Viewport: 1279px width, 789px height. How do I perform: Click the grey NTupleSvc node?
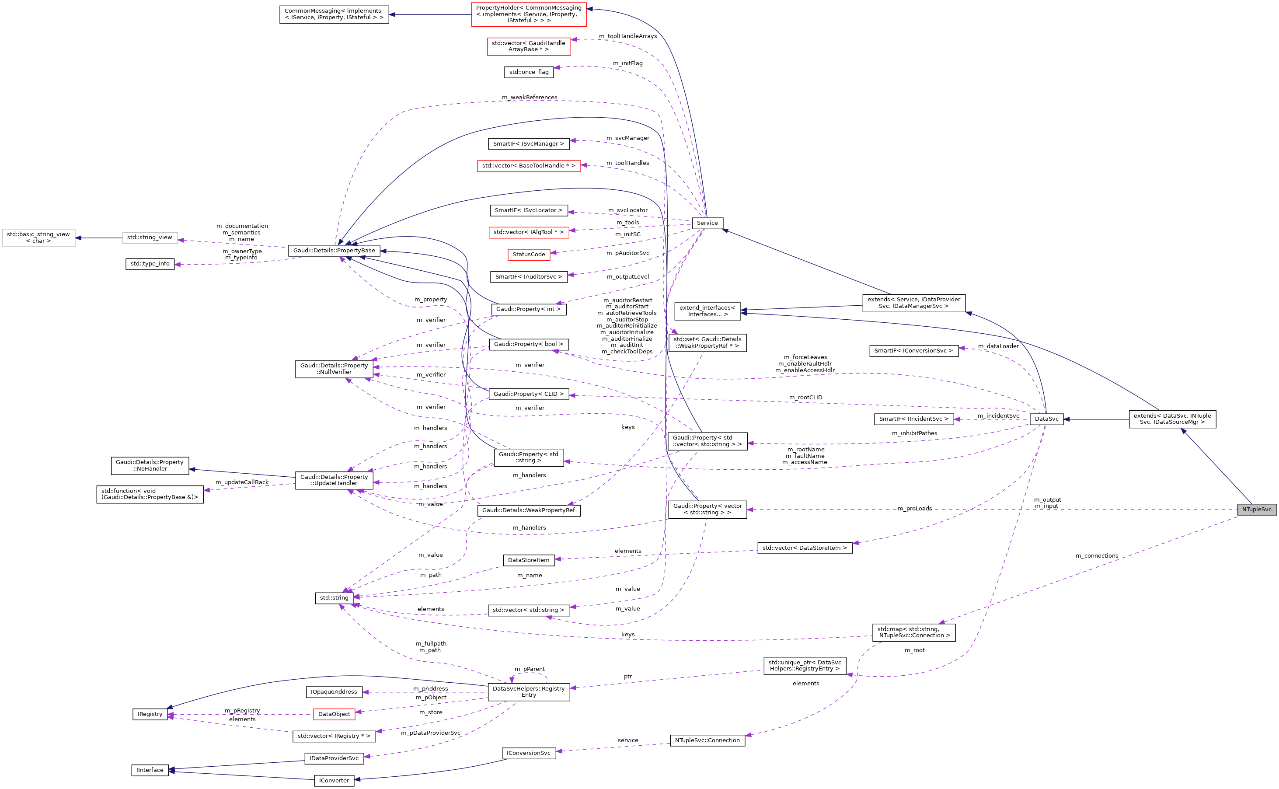1256,509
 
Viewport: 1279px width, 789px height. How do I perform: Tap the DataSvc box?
1046,419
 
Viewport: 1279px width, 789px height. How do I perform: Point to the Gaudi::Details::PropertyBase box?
334,251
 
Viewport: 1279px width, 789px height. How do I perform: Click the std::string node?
334,597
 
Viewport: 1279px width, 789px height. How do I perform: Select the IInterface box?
150,770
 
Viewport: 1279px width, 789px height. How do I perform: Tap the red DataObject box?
334,714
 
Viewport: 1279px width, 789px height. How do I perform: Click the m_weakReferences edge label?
529,98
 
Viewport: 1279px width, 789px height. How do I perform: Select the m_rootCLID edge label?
805,398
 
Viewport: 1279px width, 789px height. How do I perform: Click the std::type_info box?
150,264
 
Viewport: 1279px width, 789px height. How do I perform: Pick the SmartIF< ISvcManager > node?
528,143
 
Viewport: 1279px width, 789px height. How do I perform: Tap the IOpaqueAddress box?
334,692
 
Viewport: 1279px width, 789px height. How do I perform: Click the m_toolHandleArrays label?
627,36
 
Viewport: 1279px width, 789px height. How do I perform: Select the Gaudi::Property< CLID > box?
528,394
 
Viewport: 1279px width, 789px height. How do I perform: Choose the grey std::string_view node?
150,237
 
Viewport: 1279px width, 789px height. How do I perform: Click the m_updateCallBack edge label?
242,482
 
